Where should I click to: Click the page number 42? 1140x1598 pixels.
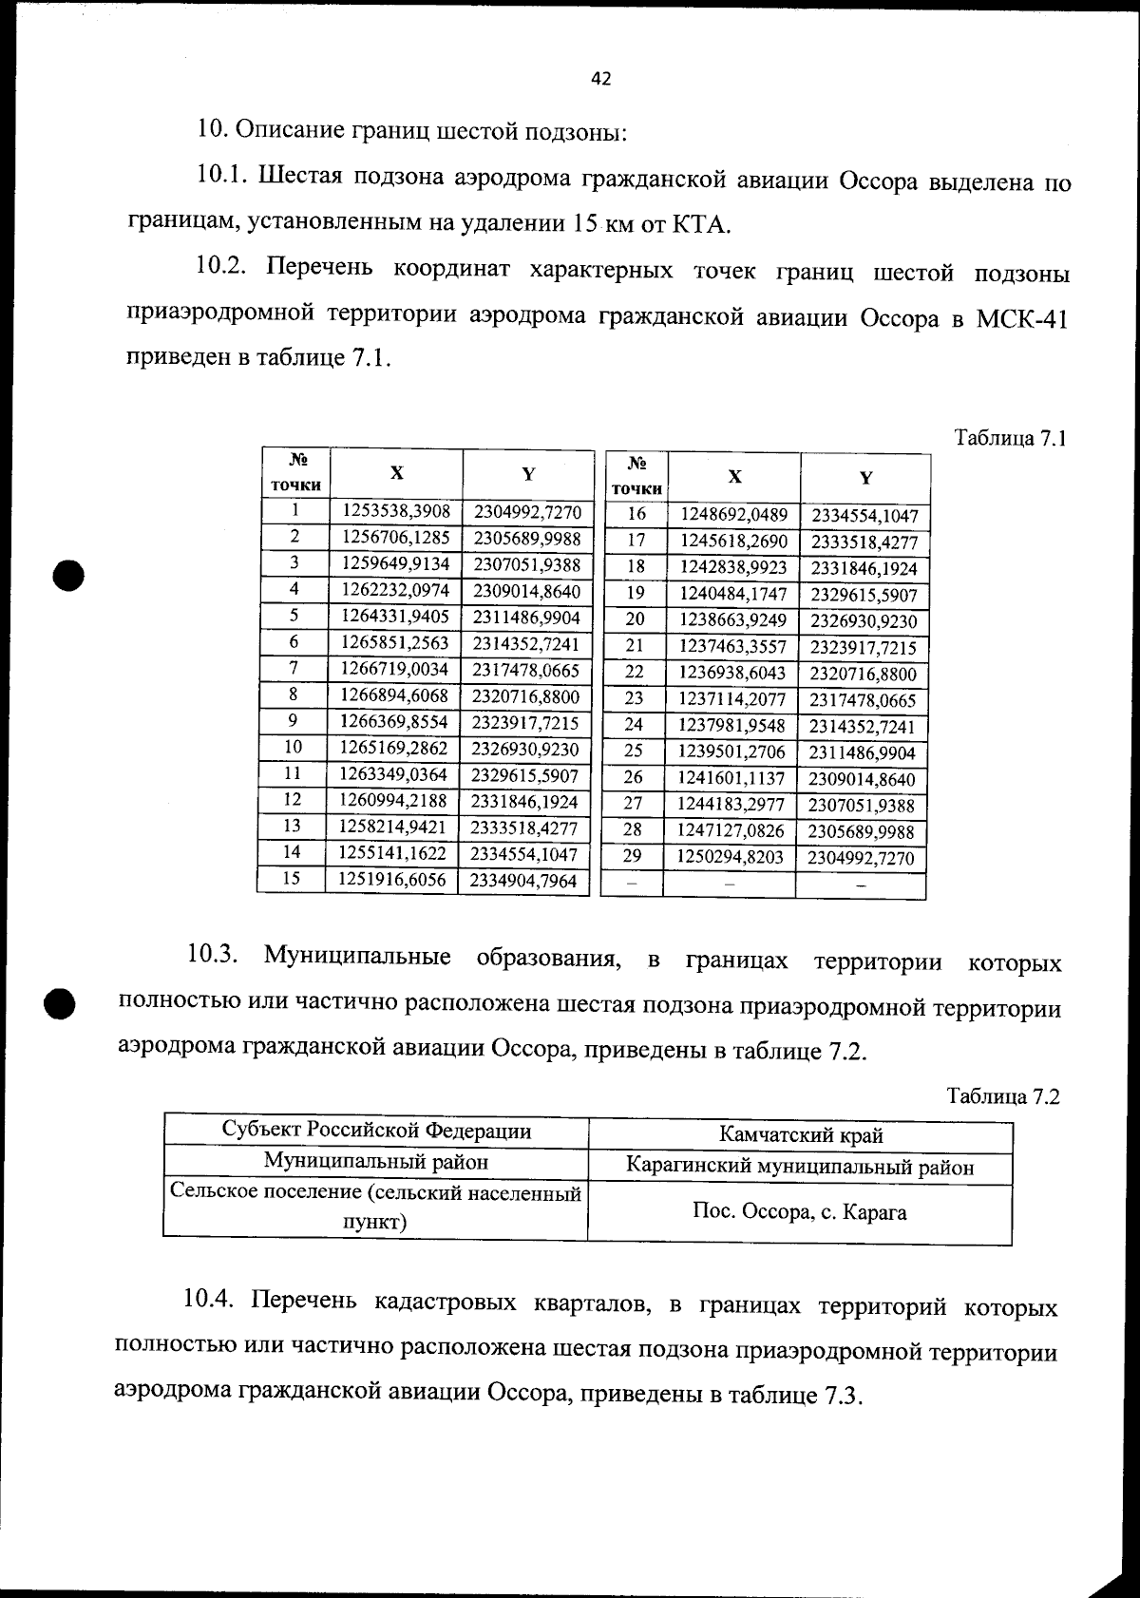tap(600, 80)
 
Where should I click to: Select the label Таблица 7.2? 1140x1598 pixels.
tap(1003, 1096)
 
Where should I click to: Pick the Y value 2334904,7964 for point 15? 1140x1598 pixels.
tap(524, 880)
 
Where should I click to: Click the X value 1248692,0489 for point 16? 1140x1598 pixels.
tap(734, 515)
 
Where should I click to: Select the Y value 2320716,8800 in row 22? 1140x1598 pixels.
tap(863, 675)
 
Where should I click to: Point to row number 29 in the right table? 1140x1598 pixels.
tap(632, 856)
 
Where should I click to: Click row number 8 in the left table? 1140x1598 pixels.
tap(294, 695)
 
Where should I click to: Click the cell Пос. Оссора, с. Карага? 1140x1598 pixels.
tap(800, 1212)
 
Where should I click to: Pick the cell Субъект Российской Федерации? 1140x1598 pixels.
tap(376, 1131)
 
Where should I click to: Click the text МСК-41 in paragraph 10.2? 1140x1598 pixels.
tap(1021, 319)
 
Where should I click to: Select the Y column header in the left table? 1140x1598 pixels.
tap(528, 473)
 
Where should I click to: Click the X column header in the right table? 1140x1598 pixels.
tap(734, 477)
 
